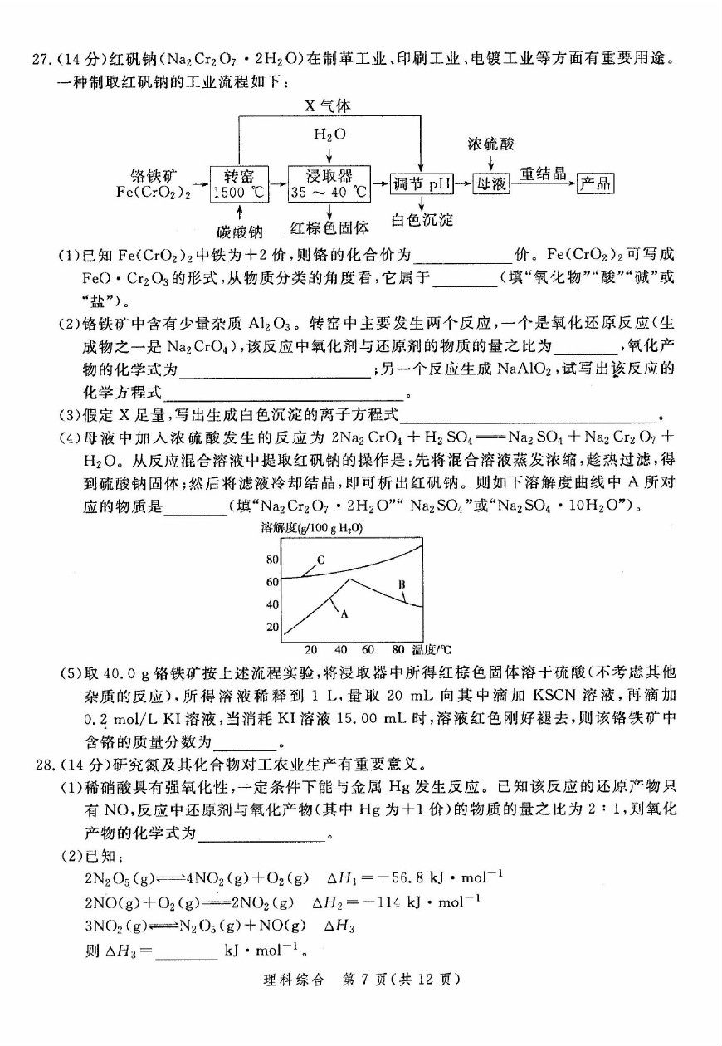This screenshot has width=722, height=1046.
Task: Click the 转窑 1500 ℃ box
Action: [240, 184]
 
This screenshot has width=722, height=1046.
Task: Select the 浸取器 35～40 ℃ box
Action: [329, 184]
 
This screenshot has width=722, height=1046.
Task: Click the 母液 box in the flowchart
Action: [490, 184]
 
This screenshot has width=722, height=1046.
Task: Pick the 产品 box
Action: [595, 184]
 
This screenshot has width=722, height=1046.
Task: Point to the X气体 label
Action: [328, 106]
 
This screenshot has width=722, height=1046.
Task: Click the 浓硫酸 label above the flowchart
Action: [490, 145]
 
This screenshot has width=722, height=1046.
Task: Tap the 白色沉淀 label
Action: [422, 220]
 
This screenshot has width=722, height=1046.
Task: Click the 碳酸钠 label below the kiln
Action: [240, 232]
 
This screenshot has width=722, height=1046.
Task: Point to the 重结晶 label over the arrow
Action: [543, 174]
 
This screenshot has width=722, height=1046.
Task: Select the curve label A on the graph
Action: [342, 613]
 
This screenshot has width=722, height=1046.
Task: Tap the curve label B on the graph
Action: [401, 584]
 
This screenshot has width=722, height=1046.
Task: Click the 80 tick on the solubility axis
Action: [272, 560]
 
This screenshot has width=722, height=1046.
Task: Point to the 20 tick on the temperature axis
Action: [310, 649]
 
